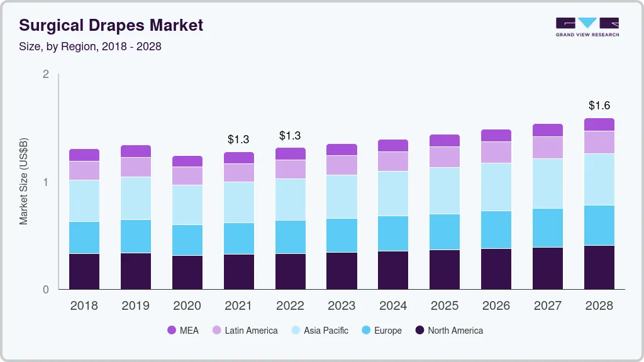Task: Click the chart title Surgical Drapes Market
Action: coord(111,25)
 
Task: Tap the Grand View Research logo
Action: coord(587,26)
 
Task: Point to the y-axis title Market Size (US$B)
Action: coord(24,182)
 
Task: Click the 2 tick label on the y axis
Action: coord(45,74)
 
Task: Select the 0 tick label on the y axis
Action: coord(45,290)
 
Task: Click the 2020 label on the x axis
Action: coord(187,306)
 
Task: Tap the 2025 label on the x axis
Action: coord(445,306)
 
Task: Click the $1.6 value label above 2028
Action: coord(599,106)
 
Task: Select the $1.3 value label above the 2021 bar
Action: coord(238,139)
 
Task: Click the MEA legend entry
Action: coord(183,331)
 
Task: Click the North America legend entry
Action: coord(448,331)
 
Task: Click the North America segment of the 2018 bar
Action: coord(84,271)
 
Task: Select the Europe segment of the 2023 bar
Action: coord(342,236)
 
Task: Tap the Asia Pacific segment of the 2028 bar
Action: coord(599,180)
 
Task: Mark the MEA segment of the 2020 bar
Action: coord(187,162)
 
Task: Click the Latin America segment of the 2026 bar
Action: coord(496,153)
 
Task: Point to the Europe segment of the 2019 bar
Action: coord(136,236)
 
